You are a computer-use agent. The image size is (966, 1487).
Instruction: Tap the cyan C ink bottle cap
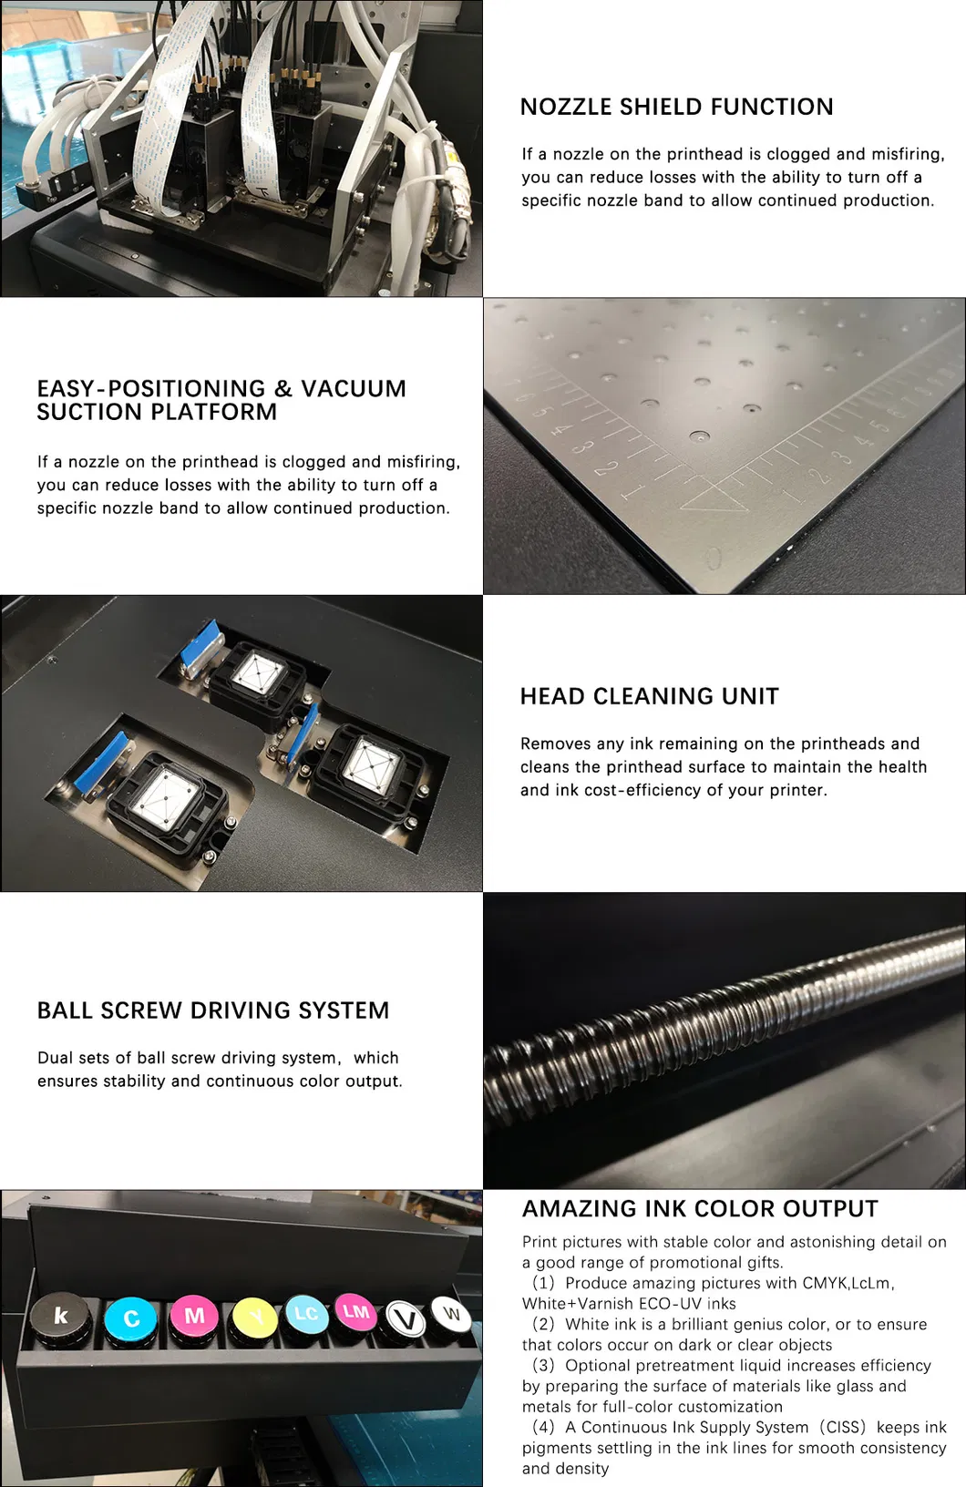click(131, 1318)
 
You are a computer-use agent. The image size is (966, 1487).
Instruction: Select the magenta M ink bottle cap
click(194, 1316)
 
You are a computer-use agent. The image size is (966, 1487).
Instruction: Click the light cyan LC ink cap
click(306, 1313)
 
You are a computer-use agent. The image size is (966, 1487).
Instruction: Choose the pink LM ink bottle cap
click(355, 1310)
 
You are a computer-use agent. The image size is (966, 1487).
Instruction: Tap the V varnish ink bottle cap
click(405, 1318)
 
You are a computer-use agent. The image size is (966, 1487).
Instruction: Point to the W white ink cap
click(451, 1313)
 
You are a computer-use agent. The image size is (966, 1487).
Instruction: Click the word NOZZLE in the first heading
click(566, 107)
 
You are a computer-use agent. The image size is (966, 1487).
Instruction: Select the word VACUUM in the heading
click(354, 388)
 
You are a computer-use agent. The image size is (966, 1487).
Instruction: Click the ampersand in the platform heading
click(283, 388)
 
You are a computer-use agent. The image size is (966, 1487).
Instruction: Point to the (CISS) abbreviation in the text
click(842, 1427)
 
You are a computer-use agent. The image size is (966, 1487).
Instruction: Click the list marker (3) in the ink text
click(543, 1365)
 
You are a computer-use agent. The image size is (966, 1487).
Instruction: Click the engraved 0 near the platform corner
click(713, 558)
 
